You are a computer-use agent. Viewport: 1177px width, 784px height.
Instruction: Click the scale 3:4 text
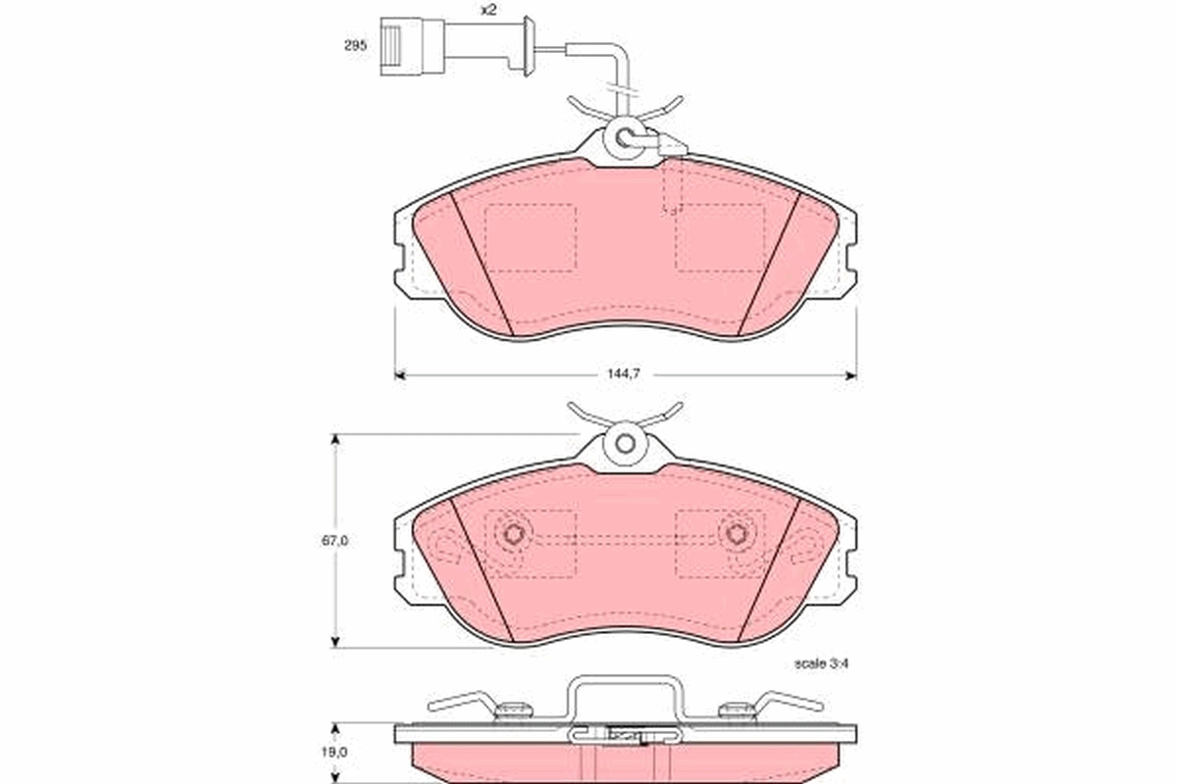[820, 663]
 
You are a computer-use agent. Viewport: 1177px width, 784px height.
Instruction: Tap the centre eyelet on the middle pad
[625, 442]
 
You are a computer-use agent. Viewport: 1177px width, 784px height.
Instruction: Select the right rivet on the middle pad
[737, 534]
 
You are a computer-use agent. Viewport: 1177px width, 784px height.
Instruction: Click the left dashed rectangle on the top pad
[531, 237]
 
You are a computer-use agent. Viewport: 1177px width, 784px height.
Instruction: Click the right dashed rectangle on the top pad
[720, 237]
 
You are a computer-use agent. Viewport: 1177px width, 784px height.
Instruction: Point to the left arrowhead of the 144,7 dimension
[399, 374]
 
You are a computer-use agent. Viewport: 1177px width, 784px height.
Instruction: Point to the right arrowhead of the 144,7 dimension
[850, 374]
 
